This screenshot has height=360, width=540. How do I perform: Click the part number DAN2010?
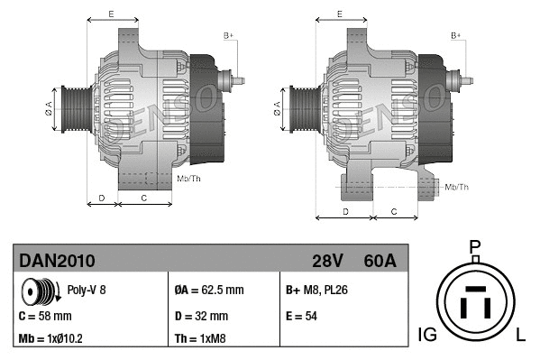click(57, 261)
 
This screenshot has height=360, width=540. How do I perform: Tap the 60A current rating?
click(379, 261)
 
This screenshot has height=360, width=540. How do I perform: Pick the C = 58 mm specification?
click(45, 316)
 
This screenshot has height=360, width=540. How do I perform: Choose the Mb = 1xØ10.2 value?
click(52, 338)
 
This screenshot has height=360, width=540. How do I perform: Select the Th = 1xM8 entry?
click(199, 338)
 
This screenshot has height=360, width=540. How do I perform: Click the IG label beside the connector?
click(427, 335)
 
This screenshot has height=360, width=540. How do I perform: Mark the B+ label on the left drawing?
click(228, 35)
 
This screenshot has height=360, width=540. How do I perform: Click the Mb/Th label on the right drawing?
click(457, 187)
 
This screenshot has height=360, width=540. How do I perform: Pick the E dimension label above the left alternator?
click(110, 14)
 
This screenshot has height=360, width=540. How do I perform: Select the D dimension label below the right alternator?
click(344, 210)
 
